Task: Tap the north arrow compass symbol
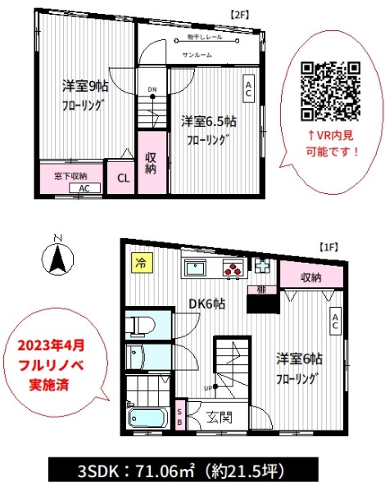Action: (57, 257)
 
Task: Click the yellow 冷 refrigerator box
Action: (140, 264)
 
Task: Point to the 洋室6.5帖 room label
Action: (208, 121)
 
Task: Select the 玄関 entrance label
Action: (218, 417)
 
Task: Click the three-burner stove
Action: (232, 269)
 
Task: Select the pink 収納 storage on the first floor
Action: (310, 277)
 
